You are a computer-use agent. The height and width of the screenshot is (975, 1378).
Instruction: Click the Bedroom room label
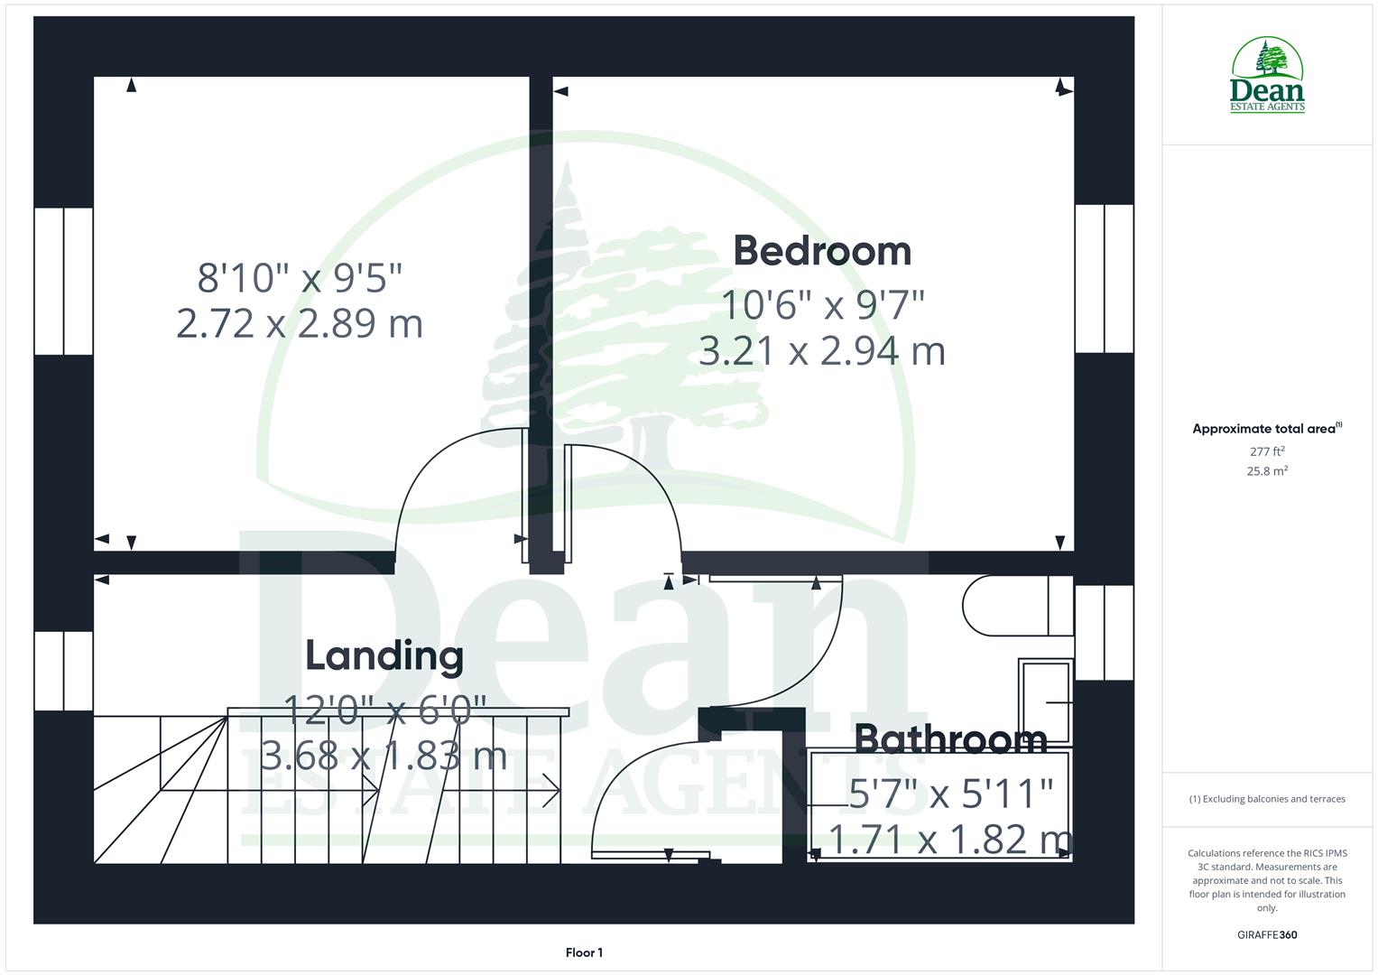click(x=822, y=251)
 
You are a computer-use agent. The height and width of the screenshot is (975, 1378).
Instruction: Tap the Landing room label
click(x=384, y=655)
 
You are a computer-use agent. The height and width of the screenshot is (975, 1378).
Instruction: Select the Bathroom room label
click(x=950, y=739)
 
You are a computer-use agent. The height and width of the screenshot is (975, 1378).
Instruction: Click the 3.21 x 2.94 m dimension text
click(x=822, y=351)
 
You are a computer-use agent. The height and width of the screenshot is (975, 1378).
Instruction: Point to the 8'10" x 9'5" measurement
click(x=300, y=277)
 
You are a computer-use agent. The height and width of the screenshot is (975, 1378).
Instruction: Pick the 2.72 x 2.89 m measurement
click(x=300, y=323)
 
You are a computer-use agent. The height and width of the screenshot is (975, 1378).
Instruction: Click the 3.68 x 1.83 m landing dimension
click(x=384, y=755)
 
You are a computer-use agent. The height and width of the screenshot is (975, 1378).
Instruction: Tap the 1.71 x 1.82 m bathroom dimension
click(x=950, y=840)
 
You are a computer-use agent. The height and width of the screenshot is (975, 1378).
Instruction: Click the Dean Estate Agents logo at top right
click(x=1267, y=76)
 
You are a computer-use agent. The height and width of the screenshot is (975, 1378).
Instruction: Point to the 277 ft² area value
click(x=1267, y=451)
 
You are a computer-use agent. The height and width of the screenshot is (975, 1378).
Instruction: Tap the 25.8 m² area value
click(x=1267, y=471)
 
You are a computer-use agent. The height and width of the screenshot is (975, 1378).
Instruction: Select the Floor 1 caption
click(x=584, y=952)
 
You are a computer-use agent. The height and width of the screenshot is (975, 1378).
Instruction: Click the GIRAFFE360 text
click(x=1267, y=934)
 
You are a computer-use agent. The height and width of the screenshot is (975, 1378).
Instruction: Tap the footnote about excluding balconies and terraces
click(x=1267, y=799)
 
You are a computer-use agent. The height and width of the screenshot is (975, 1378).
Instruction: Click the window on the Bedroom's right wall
click(x=1104, y=278)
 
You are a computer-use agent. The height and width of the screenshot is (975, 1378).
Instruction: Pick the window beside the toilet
click(x=1104, y=632)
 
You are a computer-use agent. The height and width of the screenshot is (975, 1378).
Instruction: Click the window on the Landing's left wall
click(x=64, y=671)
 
